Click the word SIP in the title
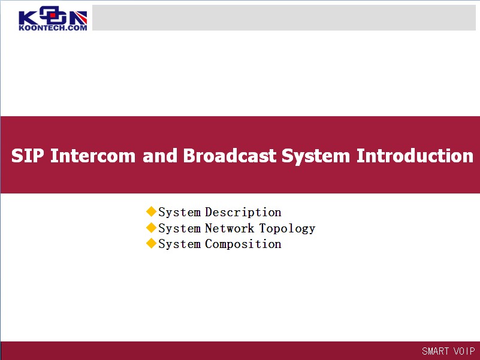(28, 156)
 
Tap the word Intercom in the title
(93, 156)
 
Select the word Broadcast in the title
(230, 156)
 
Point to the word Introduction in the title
(415, 156)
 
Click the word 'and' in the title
(160, 156)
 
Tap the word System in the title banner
(316, 156)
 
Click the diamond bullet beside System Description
(151, 211)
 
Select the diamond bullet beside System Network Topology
(151, 228)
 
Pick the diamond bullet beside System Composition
(151, 243)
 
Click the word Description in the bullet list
(243, 213)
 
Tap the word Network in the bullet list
(230, 228)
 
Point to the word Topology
(287, 229)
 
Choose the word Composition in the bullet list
(243, 244)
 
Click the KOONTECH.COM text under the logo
(53, 28)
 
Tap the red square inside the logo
(53, 15)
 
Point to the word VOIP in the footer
(464, 351)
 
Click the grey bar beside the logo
(284, 17)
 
